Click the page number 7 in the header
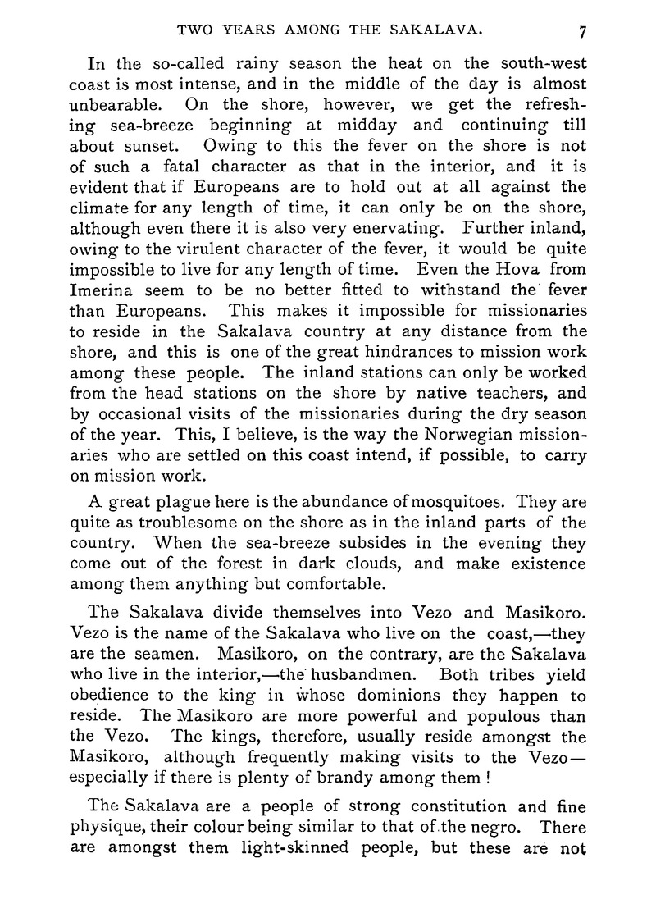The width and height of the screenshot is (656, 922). pyautogui.click(x=581, y=32)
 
